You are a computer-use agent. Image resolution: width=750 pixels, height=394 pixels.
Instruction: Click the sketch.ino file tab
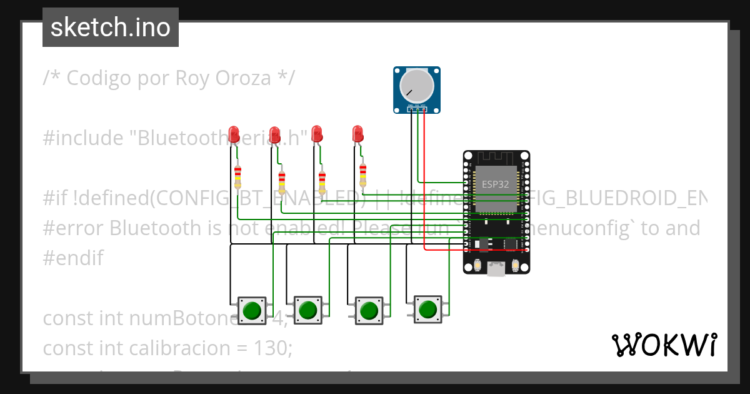pos(111,28)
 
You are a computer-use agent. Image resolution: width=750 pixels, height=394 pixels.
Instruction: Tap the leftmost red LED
pos(235,133)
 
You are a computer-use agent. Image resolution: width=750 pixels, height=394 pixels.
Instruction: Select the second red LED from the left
pos(274,133)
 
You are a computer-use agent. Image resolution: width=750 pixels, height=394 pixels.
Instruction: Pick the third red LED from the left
pos(316,133)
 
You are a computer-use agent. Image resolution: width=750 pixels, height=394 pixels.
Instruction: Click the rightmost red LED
pos(357,133)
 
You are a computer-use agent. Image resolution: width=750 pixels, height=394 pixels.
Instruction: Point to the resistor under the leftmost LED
pos(237,178)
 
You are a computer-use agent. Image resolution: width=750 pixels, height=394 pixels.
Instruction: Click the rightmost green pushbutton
pos(427,309)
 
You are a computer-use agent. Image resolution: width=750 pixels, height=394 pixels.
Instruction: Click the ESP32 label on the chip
pos(496,185)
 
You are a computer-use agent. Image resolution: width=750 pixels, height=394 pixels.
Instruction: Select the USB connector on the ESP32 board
pos(496,269)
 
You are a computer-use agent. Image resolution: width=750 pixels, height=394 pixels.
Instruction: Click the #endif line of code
pos(72,258)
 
